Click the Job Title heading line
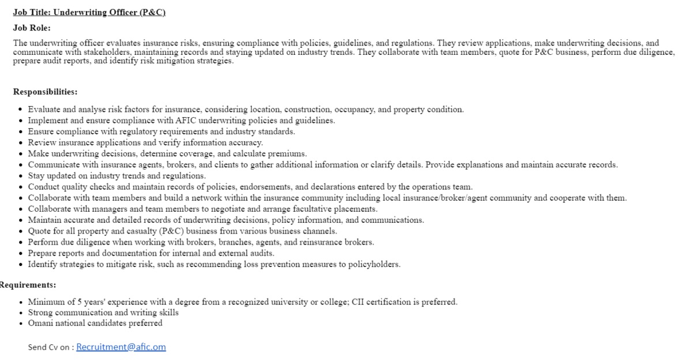tap(89, 13)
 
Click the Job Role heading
tap(32, 27)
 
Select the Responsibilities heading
tap(45, 92)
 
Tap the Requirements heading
tap(28, 285)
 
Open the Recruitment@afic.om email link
tap(121, 347)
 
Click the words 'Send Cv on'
tap(49, 347)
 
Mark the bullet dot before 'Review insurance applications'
tap(21, 142)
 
